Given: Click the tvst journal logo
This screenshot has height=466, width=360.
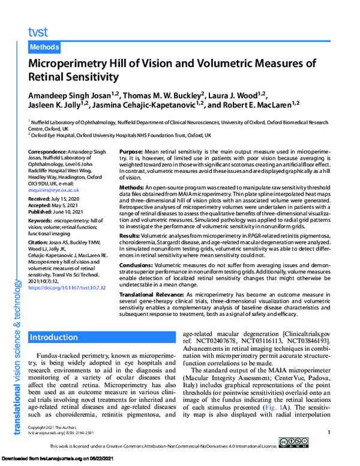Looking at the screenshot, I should click(38, 32).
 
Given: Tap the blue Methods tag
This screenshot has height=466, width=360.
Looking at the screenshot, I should click(45, 47).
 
